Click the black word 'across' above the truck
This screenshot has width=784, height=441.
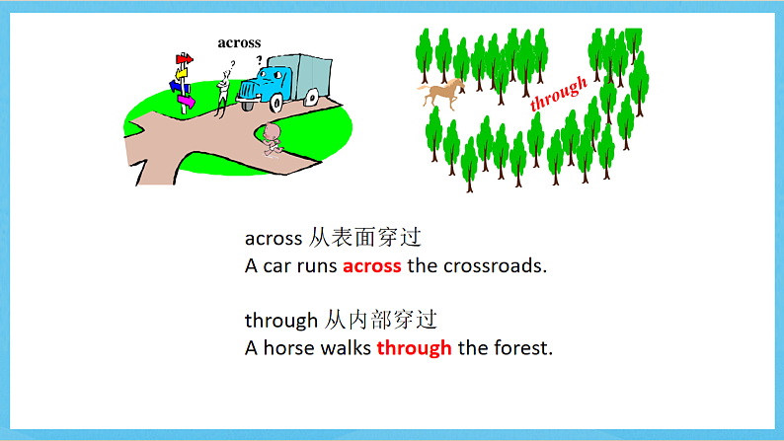[x=239, y=42]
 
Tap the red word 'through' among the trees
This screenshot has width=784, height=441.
[x=559, y=93]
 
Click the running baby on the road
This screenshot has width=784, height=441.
[x=274, y=142]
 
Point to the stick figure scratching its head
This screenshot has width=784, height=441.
[x=225, y=88]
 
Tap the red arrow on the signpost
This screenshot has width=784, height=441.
[x=184, y=59]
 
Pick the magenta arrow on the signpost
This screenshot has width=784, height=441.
[x=184, y=100]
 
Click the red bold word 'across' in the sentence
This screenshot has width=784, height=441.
[x=372, y=265]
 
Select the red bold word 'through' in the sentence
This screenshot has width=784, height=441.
[x=414, y=347]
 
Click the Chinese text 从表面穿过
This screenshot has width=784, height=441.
[x=365, y=238]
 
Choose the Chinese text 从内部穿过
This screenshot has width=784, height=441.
[x=381, y=320]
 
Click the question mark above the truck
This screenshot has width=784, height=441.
[x=260, y=58]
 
